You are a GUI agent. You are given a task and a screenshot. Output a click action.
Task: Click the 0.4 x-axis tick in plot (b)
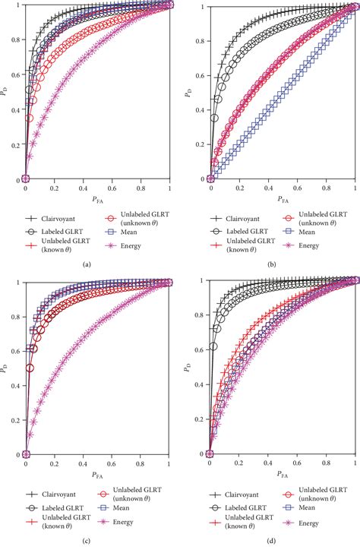[267, 188]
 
